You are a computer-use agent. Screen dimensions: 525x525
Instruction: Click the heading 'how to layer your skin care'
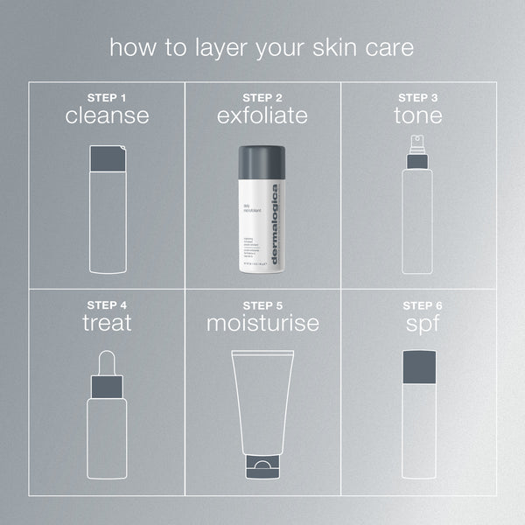point(262,47)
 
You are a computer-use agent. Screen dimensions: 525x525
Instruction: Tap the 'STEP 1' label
point(106,97)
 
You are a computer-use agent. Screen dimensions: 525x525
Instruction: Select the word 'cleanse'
point(106,116)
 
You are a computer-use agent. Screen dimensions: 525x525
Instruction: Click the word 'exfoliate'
point(262,116)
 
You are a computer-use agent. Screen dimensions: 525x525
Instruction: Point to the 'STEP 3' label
point(418,97)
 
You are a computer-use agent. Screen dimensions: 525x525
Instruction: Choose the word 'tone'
point(418,116)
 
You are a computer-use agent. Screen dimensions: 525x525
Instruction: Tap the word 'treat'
point(106,323)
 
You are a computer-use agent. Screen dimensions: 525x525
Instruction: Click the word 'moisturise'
point(262,323)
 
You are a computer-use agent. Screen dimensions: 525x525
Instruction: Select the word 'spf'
point(418,323)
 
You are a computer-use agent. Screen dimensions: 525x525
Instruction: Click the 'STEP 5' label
point(262,304)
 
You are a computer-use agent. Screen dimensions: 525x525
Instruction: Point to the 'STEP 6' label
point(418,304)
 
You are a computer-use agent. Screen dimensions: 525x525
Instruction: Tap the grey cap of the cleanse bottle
point(108,158)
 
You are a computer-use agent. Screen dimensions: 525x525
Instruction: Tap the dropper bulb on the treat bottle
point(106,361)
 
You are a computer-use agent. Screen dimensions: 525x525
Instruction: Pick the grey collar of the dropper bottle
point(106,386)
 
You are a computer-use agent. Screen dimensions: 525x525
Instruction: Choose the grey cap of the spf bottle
point(418,366)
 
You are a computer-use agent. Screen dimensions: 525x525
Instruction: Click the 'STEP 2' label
point(262,97)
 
